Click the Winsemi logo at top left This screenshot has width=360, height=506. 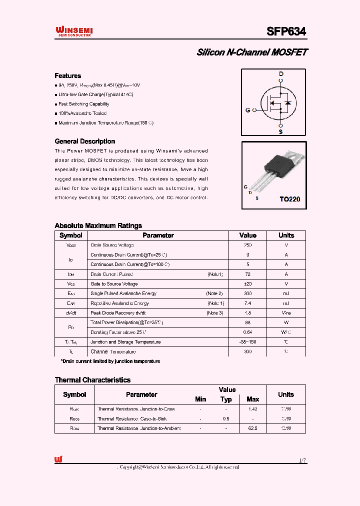click(x=73, y=32)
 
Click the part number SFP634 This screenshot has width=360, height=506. click(x=286, y=31)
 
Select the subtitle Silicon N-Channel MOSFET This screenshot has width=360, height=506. click(x=252, y=52)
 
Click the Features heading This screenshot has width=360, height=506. click(x=67, y=76)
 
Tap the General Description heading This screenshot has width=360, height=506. click(x=84, y=141)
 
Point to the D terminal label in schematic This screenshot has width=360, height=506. click(x=281, y=74)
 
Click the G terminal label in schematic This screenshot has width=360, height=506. click(x=247, y=110)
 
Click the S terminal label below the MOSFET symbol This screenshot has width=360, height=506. click(x=280, y=132)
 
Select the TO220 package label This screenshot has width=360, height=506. click(x=289, y=199)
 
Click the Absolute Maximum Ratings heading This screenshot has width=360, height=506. click(x=98, y=225)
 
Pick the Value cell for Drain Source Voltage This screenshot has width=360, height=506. click(x=247, y=245)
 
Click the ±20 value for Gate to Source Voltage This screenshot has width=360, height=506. click(x=247, y=284)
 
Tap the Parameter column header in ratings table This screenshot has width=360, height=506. click(x=158, y=235)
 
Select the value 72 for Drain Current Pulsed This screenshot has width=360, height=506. click(x=247, y=274)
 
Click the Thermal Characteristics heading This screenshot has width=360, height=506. click(x=92, y=380)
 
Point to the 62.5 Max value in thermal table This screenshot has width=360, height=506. click(x=252, y=428)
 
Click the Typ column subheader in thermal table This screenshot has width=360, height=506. click(x=226, y=399)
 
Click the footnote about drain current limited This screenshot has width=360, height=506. click(x=110, y=361)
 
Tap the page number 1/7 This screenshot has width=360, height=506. click(x=302, y=460)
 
